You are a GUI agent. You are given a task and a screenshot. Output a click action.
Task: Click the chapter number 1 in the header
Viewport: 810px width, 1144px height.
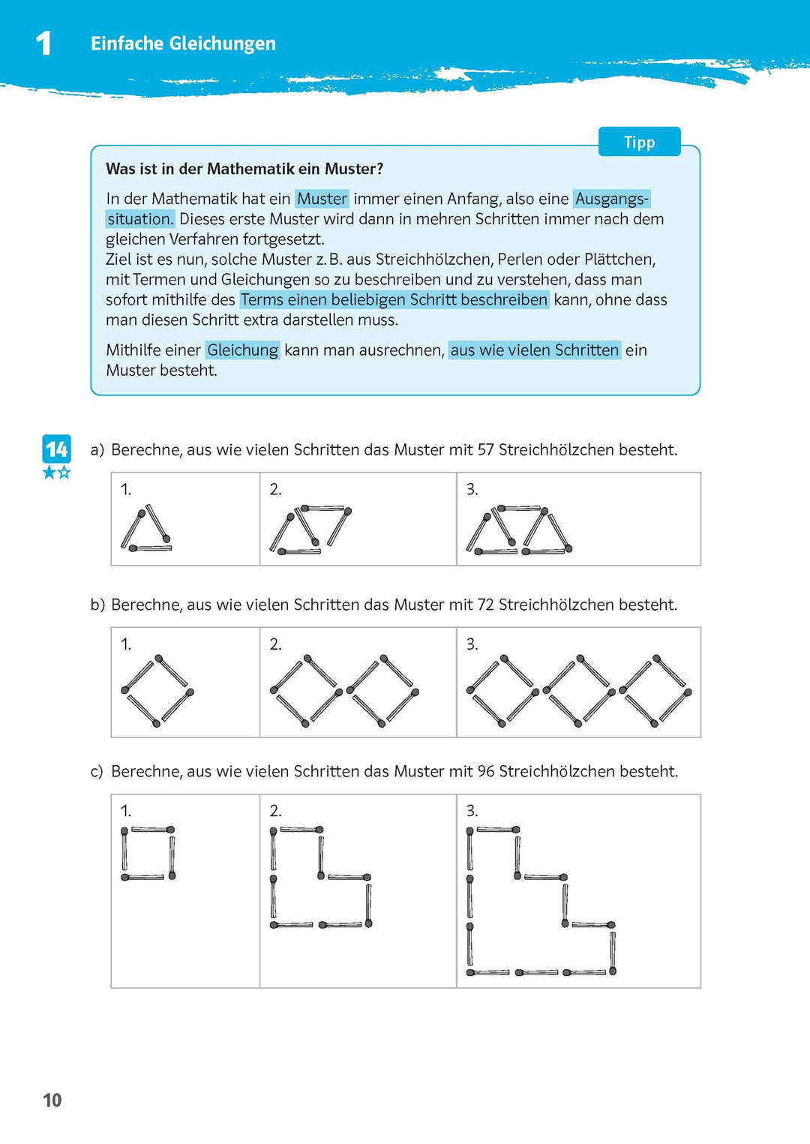tap(43, 44)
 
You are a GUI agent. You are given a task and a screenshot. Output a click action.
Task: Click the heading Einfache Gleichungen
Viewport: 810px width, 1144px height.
tap(183, 44)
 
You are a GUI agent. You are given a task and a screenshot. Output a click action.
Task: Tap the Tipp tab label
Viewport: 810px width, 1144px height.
tap(639, 143)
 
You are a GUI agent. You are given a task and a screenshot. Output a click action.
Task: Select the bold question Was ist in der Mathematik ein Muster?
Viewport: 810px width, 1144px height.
tap(244, 169)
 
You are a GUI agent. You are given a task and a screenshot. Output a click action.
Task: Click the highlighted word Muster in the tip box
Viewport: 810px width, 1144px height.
tap(322, 199)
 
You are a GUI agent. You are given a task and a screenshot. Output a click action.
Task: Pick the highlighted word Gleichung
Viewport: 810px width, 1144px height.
tap(242, 350)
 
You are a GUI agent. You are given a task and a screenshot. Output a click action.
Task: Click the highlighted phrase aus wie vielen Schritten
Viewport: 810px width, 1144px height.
tap(534, 350)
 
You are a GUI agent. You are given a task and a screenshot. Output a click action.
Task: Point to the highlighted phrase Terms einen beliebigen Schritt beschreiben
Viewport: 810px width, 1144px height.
tap(394, 300)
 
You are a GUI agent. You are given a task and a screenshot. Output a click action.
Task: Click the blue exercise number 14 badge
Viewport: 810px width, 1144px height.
tap(56, 449)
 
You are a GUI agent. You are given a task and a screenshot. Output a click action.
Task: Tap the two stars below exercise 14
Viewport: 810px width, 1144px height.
tap(56, 473)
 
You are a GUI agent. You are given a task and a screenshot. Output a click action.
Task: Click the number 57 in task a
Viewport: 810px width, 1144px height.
tap(485, 450)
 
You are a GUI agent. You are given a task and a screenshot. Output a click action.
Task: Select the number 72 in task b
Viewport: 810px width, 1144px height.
tap(485, 605)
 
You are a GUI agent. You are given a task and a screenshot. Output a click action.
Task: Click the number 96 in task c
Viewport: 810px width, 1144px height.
tap(485, 771)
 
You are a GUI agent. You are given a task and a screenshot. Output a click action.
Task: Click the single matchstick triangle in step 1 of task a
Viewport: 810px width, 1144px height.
tap(146, 530)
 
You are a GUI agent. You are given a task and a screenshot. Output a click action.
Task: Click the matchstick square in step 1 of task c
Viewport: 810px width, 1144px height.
tap(148, 853)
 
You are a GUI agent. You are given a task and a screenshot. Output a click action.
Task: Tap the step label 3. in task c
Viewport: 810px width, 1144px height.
tap(472, 811)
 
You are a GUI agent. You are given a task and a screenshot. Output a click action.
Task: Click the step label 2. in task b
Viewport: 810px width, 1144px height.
tap(275, 644)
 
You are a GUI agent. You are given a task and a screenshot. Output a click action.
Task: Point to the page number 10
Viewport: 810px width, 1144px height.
tap(52, 1100)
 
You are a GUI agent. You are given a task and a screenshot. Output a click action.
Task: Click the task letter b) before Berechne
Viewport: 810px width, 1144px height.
tap(97, 605)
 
